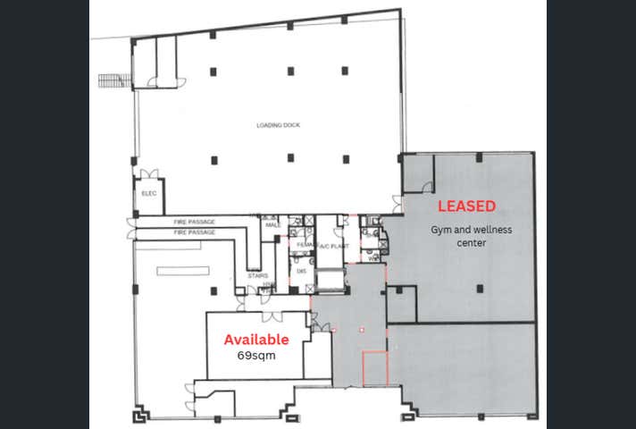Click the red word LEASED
coord(466,206)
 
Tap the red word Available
coord(255,340)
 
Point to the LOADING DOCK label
coord(278,125)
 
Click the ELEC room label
coord(148,193)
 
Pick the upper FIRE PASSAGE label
coord(194,221)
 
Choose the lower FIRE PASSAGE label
coord(194,232)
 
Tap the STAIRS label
coord(257,276)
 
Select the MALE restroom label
coord(272,225)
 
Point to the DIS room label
coord(302,271)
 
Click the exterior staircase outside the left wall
coord(113,80)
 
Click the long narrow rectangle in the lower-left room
coord(182,270)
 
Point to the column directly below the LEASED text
coord(480,288)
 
